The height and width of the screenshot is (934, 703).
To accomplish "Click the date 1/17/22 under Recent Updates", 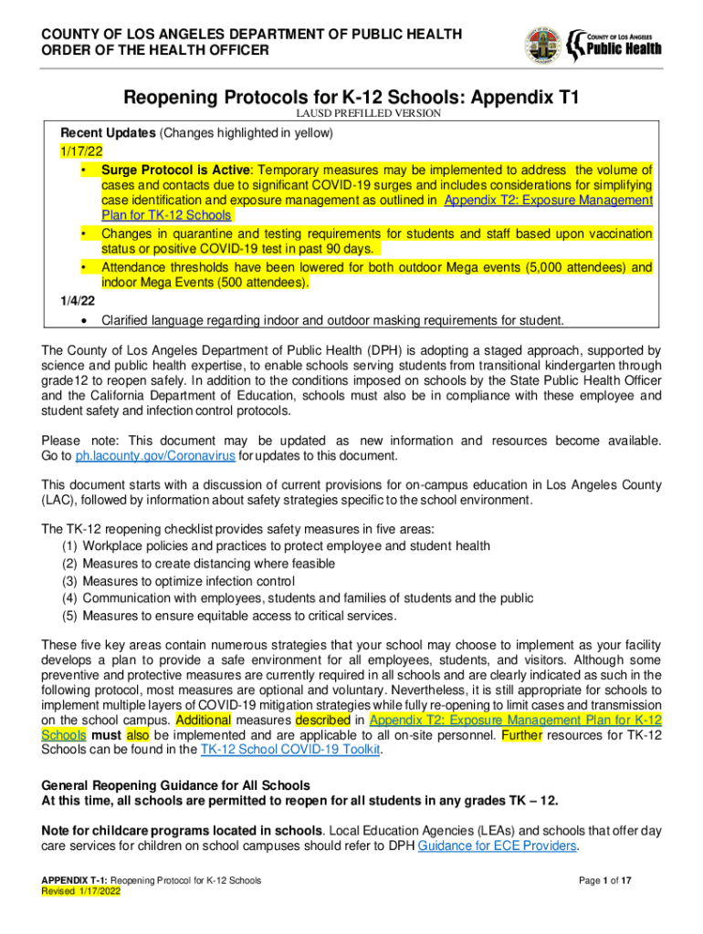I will (x=80, y=151).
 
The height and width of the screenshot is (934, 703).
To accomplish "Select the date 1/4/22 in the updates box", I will (x=77, y=300).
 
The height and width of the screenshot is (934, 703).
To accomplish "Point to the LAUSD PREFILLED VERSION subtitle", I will (x=369, y=114).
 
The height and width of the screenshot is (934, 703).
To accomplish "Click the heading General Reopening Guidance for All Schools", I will (x=176, y=785).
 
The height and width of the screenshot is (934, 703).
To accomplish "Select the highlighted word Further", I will (x=520, y=734).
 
